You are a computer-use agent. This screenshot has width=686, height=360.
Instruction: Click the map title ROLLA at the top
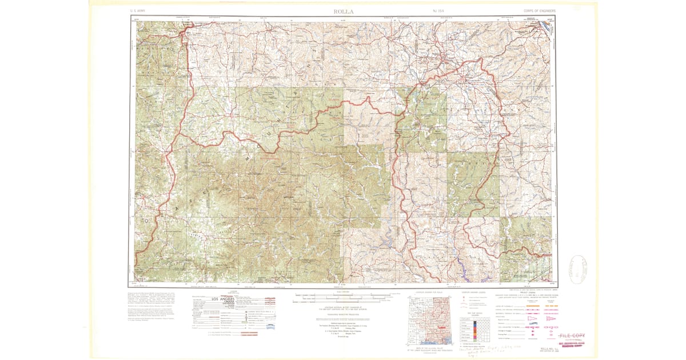click(x=343, y=11)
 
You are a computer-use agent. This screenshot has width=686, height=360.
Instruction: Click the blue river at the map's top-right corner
click(x=547, y=25)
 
